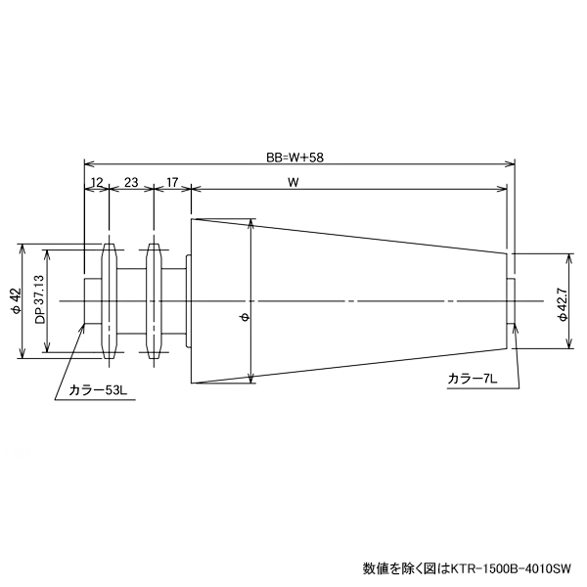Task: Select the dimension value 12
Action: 97,182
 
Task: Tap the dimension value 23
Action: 130,182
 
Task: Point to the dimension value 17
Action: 171,182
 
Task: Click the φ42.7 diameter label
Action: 562,300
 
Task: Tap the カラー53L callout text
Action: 98,389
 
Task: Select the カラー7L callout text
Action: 474,378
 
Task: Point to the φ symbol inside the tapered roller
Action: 244,316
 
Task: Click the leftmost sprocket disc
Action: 109,300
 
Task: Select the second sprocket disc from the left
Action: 152,300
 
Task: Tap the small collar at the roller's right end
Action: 511,300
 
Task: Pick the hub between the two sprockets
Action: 130,300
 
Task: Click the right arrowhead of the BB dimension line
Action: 511,164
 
